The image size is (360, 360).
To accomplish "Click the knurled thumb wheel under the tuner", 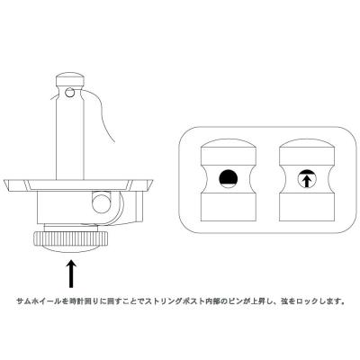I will point(67,240).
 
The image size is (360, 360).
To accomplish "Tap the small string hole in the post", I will point(71,92).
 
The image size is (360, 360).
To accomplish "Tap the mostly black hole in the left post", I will point(228,177).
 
